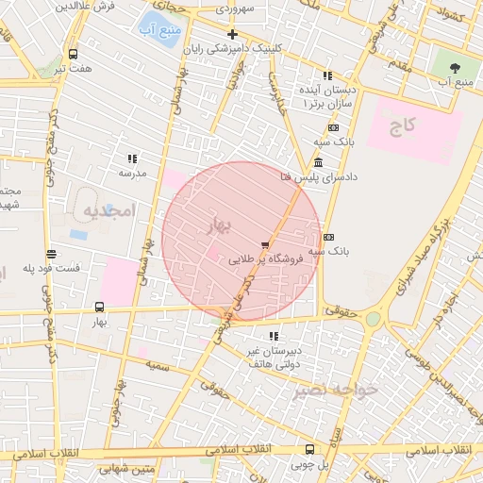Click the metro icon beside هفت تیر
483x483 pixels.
click(x=74, y=54)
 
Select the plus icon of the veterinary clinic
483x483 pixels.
click(x=232, y=34)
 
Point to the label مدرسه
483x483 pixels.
click(x=132, y=174)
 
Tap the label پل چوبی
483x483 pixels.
click(x=308, y=463)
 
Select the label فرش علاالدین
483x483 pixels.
click(x=91, y=7)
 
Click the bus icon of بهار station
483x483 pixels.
click(x=100, y=307)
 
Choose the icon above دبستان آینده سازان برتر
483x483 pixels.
click(x=326, y=75)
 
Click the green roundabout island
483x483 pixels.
click(x=375, y=318)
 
